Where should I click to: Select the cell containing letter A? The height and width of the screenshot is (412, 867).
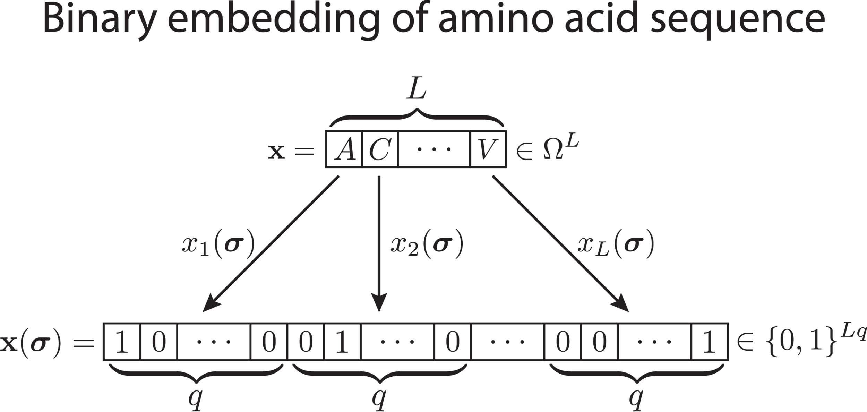tap(344, 149)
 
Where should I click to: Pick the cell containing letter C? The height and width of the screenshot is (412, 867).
tap(380, 149)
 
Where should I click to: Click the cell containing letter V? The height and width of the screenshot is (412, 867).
tap(488, 149)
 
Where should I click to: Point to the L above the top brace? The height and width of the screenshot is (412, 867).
tap(417, 91)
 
